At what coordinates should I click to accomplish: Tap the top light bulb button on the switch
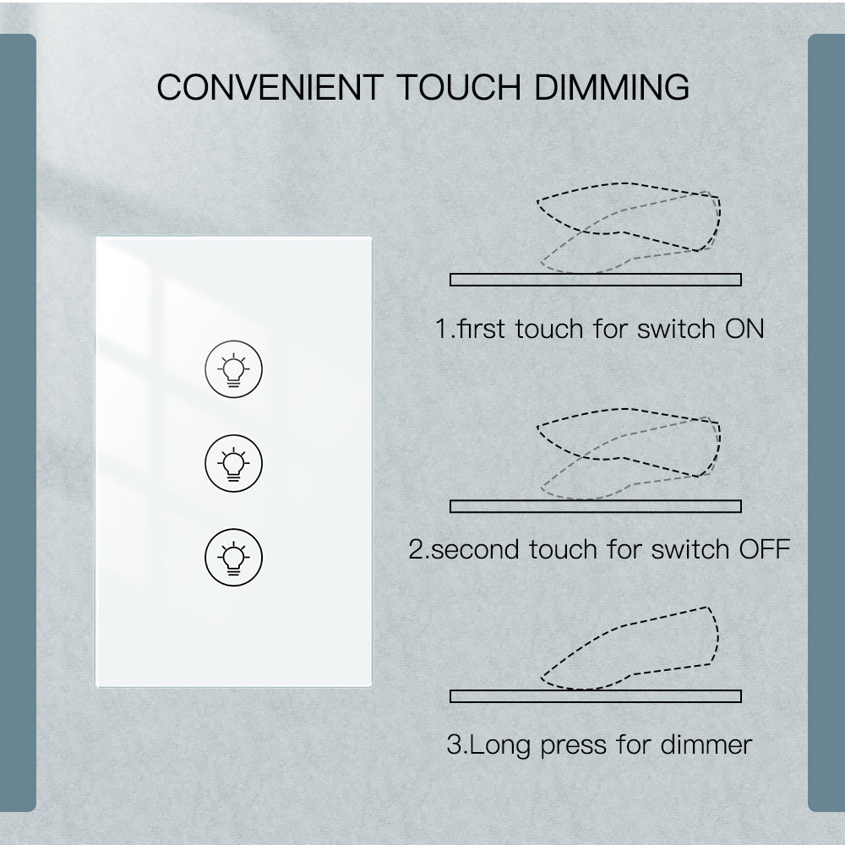pyautogui.click(x=233, y=369)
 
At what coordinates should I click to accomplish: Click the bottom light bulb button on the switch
pyautogui.click(x=233, y=557)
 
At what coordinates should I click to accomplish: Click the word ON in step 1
pyautogui.click(x=744, y=328)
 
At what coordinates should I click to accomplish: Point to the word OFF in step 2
pyautogui.click(x=765, y=550)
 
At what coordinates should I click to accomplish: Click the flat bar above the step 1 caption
pyautogui.click(x=596, y=280)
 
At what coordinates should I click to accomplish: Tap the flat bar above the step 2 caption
pyautogui.click(x=596, y=506)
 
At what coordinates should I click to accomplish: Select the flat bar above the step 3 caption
pyautogui.click(x=596, y=696)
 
